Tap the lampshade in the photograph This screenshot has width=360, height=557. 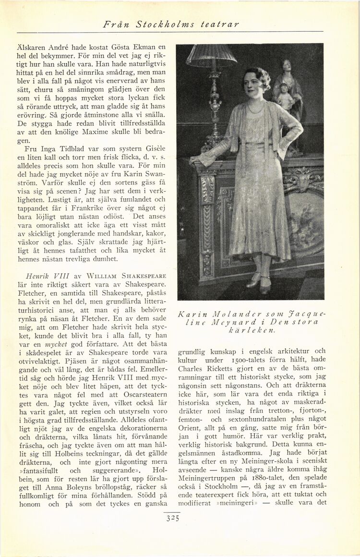(x=211, y=55)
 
